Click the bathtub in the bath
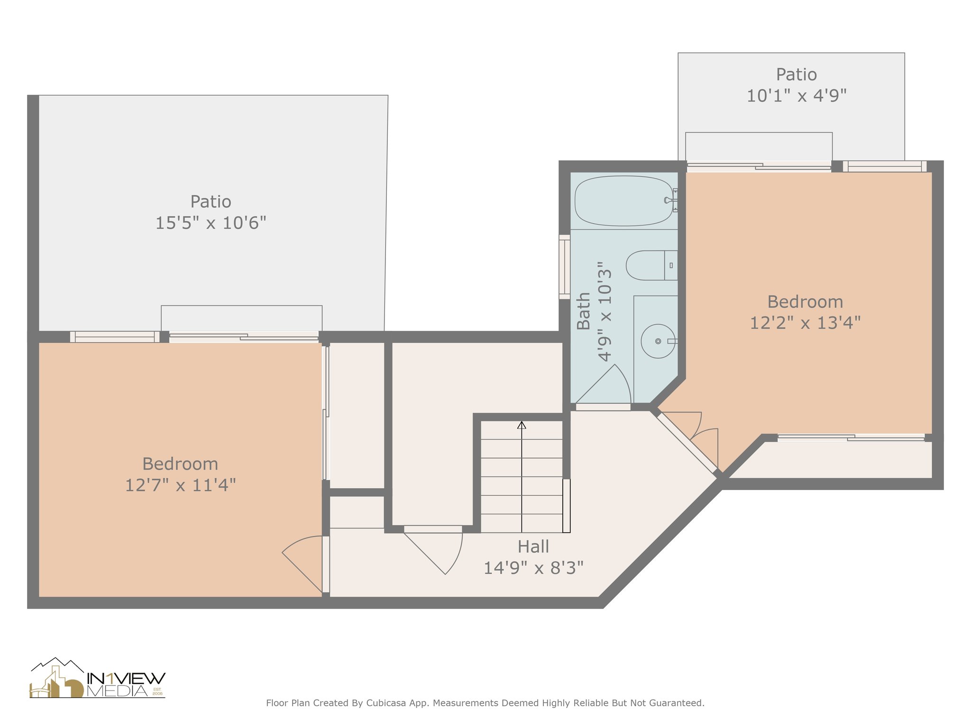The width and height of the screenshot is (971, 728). point(624,201)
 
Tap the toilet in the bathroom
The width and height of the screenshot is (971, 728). point(651,265)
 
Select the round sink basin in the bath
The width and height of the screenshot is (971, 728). point(658,341)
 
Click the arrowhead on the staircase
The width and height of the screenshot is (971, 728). point(522,425)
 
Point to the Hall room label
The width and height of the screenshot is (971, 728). point(533,546)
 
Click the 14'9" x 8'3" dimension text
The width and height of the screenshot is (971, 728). point(533,568)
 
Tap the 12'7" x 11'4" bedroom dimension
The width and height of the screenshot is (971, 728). point(180,485)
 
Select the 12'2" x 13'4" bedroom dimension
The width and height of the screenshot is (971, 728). point(805,323)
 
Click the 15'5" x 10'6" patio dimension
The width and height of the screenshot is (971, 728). point(211,223)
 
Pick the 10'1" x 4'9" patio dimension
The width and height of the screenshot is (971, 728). point(797,96)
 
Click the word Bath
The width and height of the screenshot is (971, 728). point(583,311)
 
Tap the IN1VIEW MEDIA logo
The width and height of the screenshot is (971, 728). point(98,678)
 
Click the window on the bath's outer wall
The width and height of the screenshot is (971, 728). point(564,267)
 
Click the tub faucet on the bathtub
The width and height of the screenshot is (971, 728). point(671,200)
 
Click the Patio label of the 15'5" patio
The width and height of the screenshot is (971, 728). point(211,201)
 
